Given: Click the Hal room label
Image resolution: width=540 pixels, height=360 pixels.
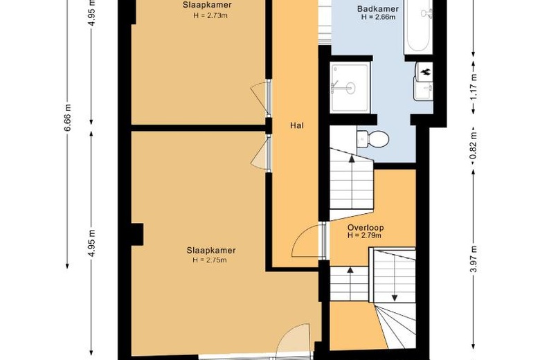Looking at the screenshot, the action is [x=297, y=126].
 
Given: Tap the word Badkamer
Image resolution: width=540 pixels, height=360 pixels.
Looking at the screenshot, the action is [x=378, y=9].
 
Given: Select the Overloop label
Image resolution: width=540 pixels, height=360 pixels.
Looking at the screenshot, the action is [x=366, y=228].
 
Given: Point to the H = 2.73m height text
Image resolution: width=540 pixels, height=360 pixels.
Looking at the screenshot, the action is [x=210, y=15].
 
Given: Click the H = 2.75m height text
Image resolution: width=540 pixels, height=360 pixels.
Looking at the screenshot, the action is [x=210, y=260].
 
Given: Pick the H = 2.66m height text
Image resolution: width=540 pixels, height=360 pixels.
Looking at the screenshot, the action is [x=378, y=17].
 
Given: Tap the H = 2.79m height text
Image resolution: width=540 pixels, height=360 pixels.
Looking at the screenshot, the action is [x=364, y=235].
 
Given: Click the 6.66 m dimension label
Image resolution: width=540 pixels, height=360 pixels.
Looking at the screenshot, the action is [x=68, y=117].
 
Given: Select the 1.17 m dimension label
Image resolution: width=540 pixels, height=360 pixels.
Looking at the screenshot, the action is [x=474, y=88].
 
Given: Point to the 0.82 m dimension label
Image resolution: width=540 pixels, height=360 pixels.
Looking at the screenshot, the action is [x=474, y=145].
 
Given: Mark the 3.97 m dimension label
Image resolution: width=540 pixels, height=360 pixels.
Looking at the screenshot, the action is [x=474, y=259].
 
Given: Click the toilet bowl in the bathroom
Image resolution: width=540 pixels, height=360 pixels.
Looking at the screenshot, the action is [x=373, y=139].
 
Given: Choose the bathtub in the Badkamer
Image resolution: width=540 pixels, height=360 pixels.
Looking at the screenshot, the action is [x=418, y=26].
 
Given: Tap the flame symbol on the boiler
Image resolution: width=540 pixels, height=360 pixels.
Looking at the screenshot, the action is [x=426, y=72].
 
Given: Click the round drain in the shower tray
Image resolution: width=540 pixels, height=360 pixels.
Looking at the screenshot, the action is [x=349, y=88].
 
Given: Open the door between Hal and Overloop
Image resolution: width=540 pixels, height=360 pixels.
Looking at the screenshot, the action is [x=323, y=241].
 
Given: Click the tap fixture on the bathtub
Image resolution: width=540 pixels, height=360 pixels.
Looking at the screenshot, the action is [x=427, y=13].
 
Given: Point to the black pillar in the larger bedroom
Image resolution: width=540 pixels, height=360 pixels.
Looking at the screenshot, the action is [x=136, y=234].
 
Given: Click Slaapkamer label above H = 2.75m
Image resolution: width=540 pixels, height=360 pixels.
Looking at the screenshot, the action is [x=211, y=251].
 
